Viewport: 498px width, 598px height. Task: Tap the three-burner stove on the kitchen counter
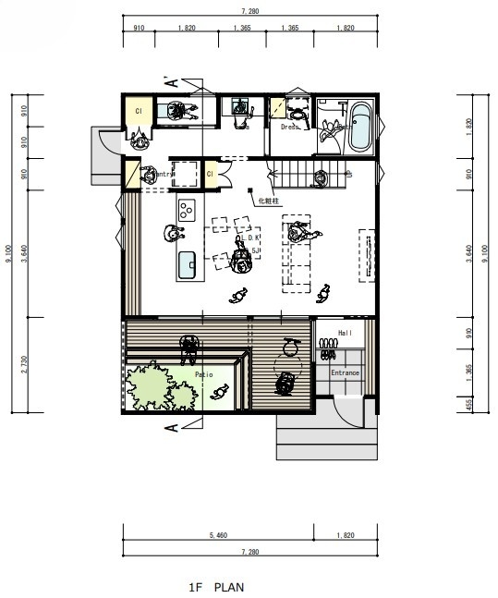188,209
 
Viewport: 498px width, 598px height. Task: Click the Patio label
205,374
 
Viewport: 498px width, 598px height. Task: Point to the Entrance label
345,372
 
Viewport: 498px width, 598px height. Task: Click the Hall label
346,333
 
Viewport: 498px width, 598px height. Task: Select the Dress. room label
290,128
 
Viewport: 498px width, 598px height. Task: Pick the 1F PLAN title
218,586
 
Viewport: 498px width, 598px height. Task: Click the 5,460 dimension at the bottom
218,535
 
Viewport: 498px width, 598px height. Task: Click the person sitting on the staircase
320,177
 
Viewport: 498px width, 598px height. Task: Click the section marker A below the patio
172,428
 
